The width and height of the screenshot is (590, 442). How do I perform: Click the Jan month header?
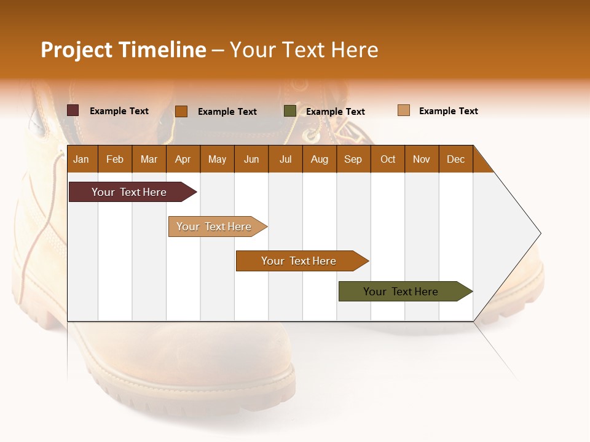tap(81, 159)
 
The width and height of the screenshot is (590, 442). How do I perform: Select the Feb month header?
tap(115, 159)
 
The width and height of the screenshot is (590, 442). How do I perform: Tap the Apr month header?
tap(183, 159)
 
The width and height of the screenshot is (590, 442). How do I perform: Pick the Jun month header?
tap(251, 159)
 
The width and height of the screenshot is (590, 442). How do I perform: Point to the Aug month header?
tap(319, 159)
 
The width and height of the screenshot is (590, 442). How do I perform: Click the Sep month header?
tap(353, 159)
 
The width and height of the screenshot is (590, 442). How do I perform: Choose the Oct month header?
tap(388, 159)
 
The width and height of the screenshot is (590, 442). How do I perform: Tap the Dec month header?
tap(455, 159)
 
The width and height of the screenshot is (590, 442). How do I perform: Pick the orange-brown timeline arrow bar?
tap(299, 261)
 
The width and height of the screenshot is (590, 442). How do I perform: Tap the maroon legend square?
tap(73, 110)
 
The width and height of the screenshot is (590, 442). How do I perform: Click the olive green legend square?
tap(289, 111)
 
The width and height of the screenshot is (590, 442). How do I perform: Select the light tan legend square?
tap(403, 110)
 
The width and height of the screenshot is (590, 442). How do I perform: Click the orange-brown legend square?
tap(181, 111)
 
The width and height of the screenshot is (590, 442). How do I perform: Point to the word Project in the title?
tap(76, 50)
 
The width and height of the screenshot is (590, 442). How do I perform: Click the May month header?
tap(217, 159)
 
